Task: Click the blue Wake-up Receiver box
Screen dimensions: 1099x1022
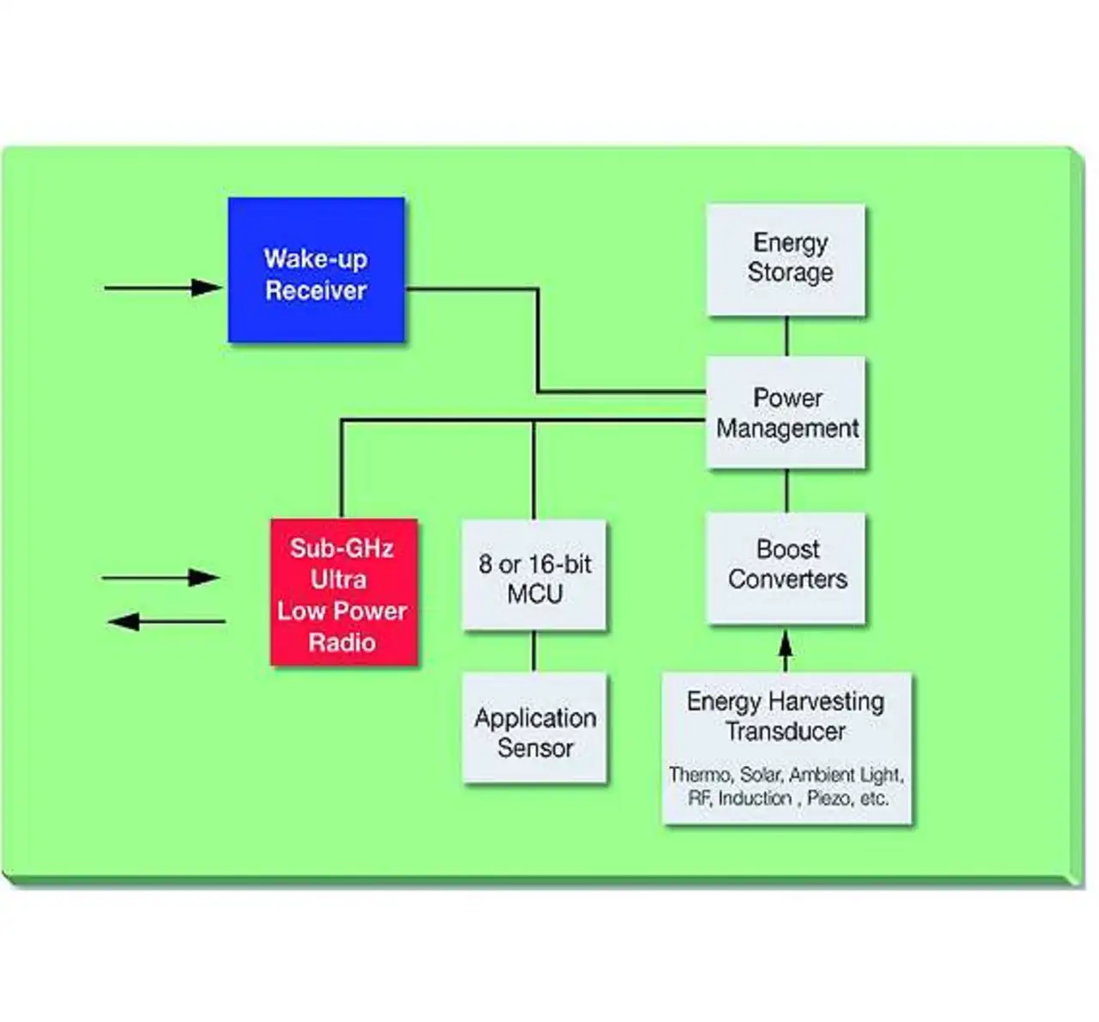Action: pos(316,270)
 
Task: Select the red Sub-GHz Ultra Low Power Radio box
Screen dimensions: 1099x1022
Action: pos(343,592)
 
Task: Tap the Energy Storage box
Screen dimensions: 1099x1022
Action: pos(786,259)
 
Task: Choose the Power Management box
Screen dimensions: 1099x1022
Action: pos(786,412)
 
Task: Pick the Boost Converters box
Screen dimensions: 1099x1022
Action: pos(786,568)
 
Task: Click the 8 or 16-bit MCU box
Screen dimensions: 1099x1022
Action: pos(534,575)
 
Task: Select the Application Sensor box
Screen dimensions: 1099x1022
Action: pos(534,727)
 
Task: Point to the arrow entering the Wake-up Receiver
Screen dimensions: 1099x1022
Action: pos(163,288)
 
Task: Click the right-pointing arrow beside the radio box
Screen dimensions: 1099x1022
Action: pos(161,577)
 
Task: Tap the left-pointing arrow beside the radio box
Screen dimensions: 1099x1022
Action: pos(166,621)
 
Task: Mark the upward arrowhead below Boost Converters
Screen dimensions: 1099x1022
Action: pos(786,643)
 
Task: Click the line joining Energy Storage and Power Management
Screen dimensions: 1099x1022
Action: pos(786,336)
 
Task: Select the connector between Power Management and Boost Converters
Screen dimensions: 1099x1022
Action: pos(786,490)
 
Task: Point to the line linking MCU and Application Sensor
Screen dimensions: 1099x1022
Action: pos(533,651)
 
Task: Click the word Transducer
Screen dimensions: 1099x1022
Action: pos(786,732)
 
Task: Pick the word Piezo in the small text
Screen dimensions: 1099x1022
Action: pos(829,799)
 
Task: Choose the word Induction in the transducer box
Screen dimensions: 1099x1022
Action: pos(755,798)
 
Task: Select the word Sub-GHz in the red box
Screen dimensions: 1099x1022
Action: pos(342,548)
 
